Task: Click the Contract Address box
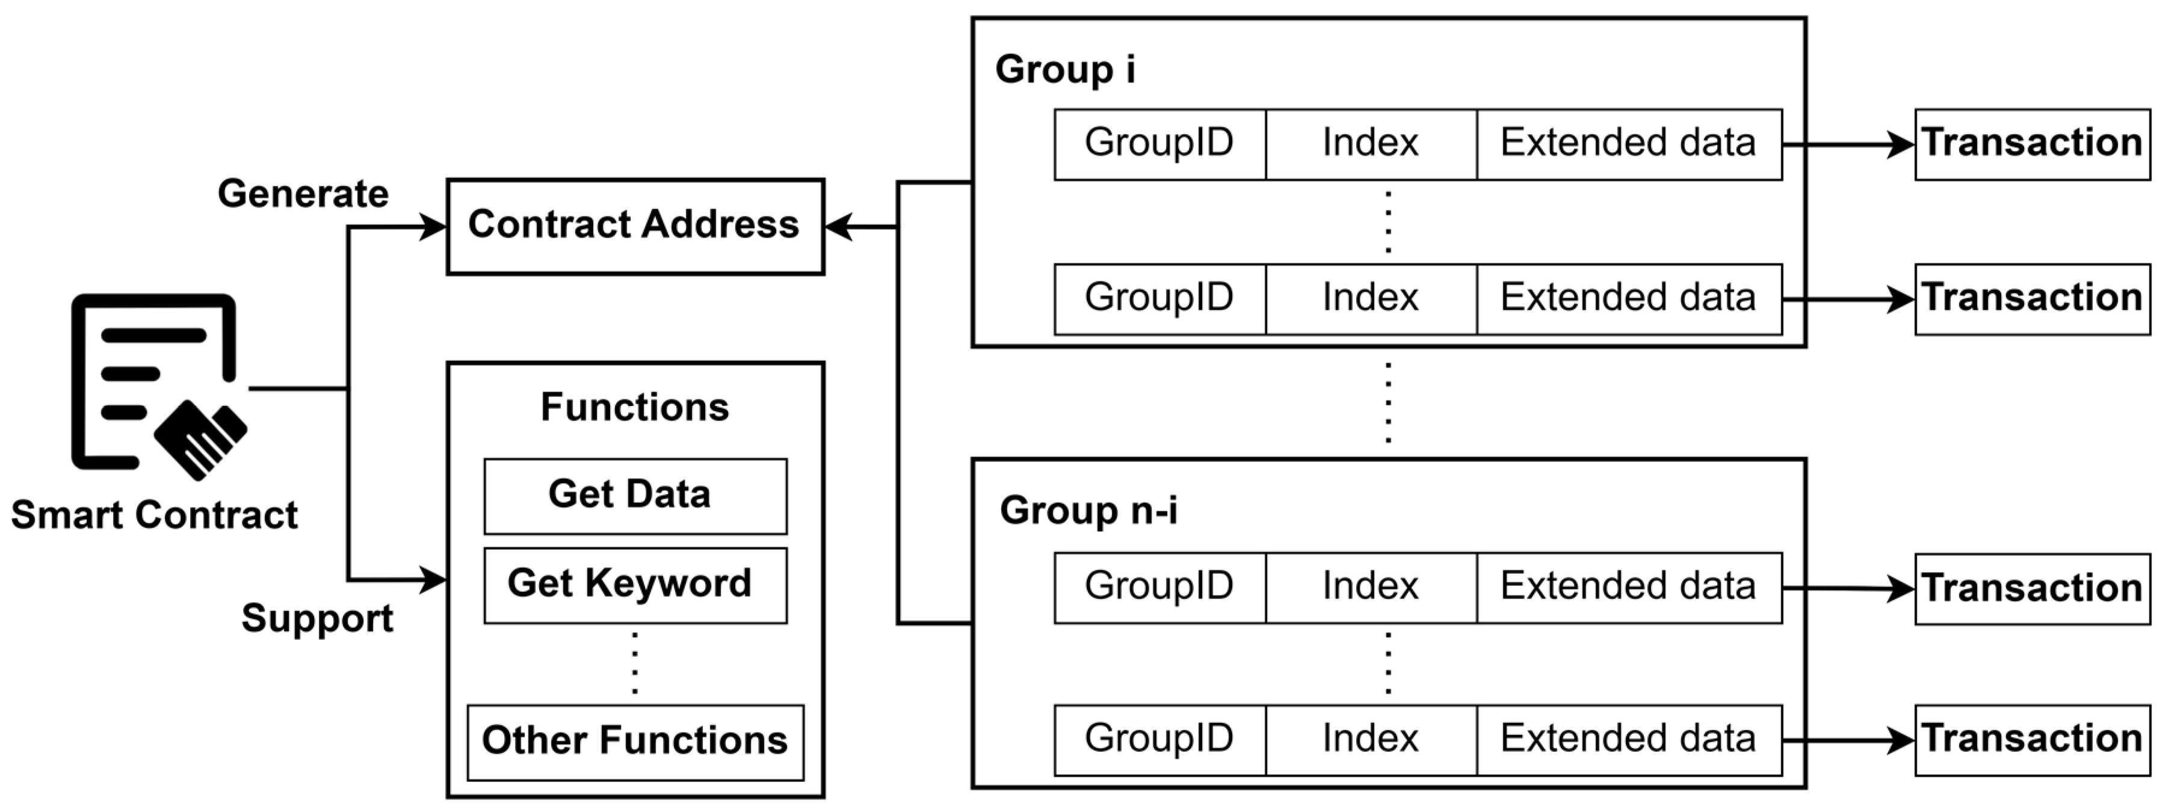[635, 226]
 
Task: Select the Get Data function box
[635, 495]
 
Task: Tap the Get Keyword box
[635, 585]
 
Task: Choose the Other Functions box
[635, 742]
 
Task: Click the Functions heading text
[635, 408]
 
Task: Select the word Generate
[303, 194]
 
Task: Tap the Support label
[317, 619]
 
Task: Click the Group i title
[1064, 69]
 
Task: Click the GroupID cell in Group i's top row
[1159, 144]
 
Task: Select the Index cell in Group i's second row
[1371, 298]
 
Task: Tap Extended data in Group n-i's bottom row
[1629, 739]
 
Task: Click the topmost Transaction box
[2031, 144]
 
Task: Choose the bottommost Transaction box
[2031, 739]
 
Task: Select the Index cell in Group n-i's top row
[1371, 587]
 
